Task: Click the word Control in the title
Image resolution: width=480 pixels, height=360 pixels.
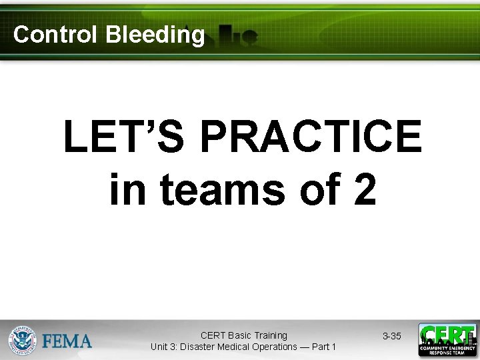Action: click(56, 35)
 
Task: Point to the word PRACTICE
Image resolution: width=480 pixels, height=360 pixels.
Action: click(310, 137)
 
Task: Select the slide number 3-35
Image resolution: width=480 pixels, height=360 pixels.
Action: click(391, 336)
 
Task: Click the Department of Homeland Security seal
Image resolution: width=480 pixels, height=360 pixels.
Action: click(22, 340)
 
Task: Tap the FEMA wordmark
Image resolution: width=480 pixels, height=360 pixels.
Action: click(67, 341)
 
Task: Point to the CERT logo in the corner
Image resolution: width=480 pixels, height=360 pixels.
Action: click(447, 340)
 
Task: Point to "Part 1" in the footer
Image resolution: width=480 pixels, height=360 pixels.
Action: click(325, 347)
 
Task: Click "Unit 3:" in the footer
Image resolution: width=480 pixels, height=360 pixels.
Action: click(167, 347)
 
